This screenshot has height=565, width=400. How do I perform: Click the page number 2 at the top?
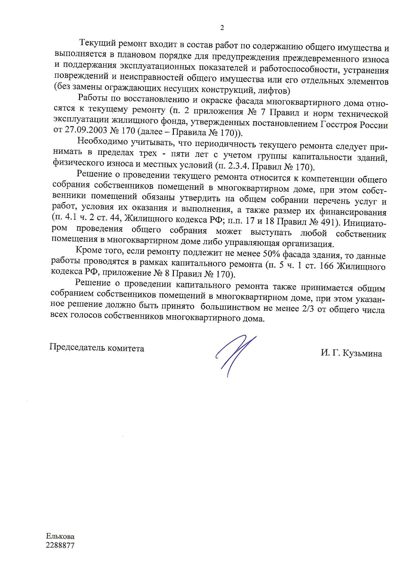click(222, 28)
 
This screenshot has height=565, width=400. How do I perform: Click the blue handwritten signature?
click(235, 355)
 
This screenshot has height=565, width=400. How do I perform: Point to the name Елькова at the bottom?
click(60, 536)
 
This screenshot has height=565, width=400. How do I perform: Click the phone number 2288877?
click(60, 546)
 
